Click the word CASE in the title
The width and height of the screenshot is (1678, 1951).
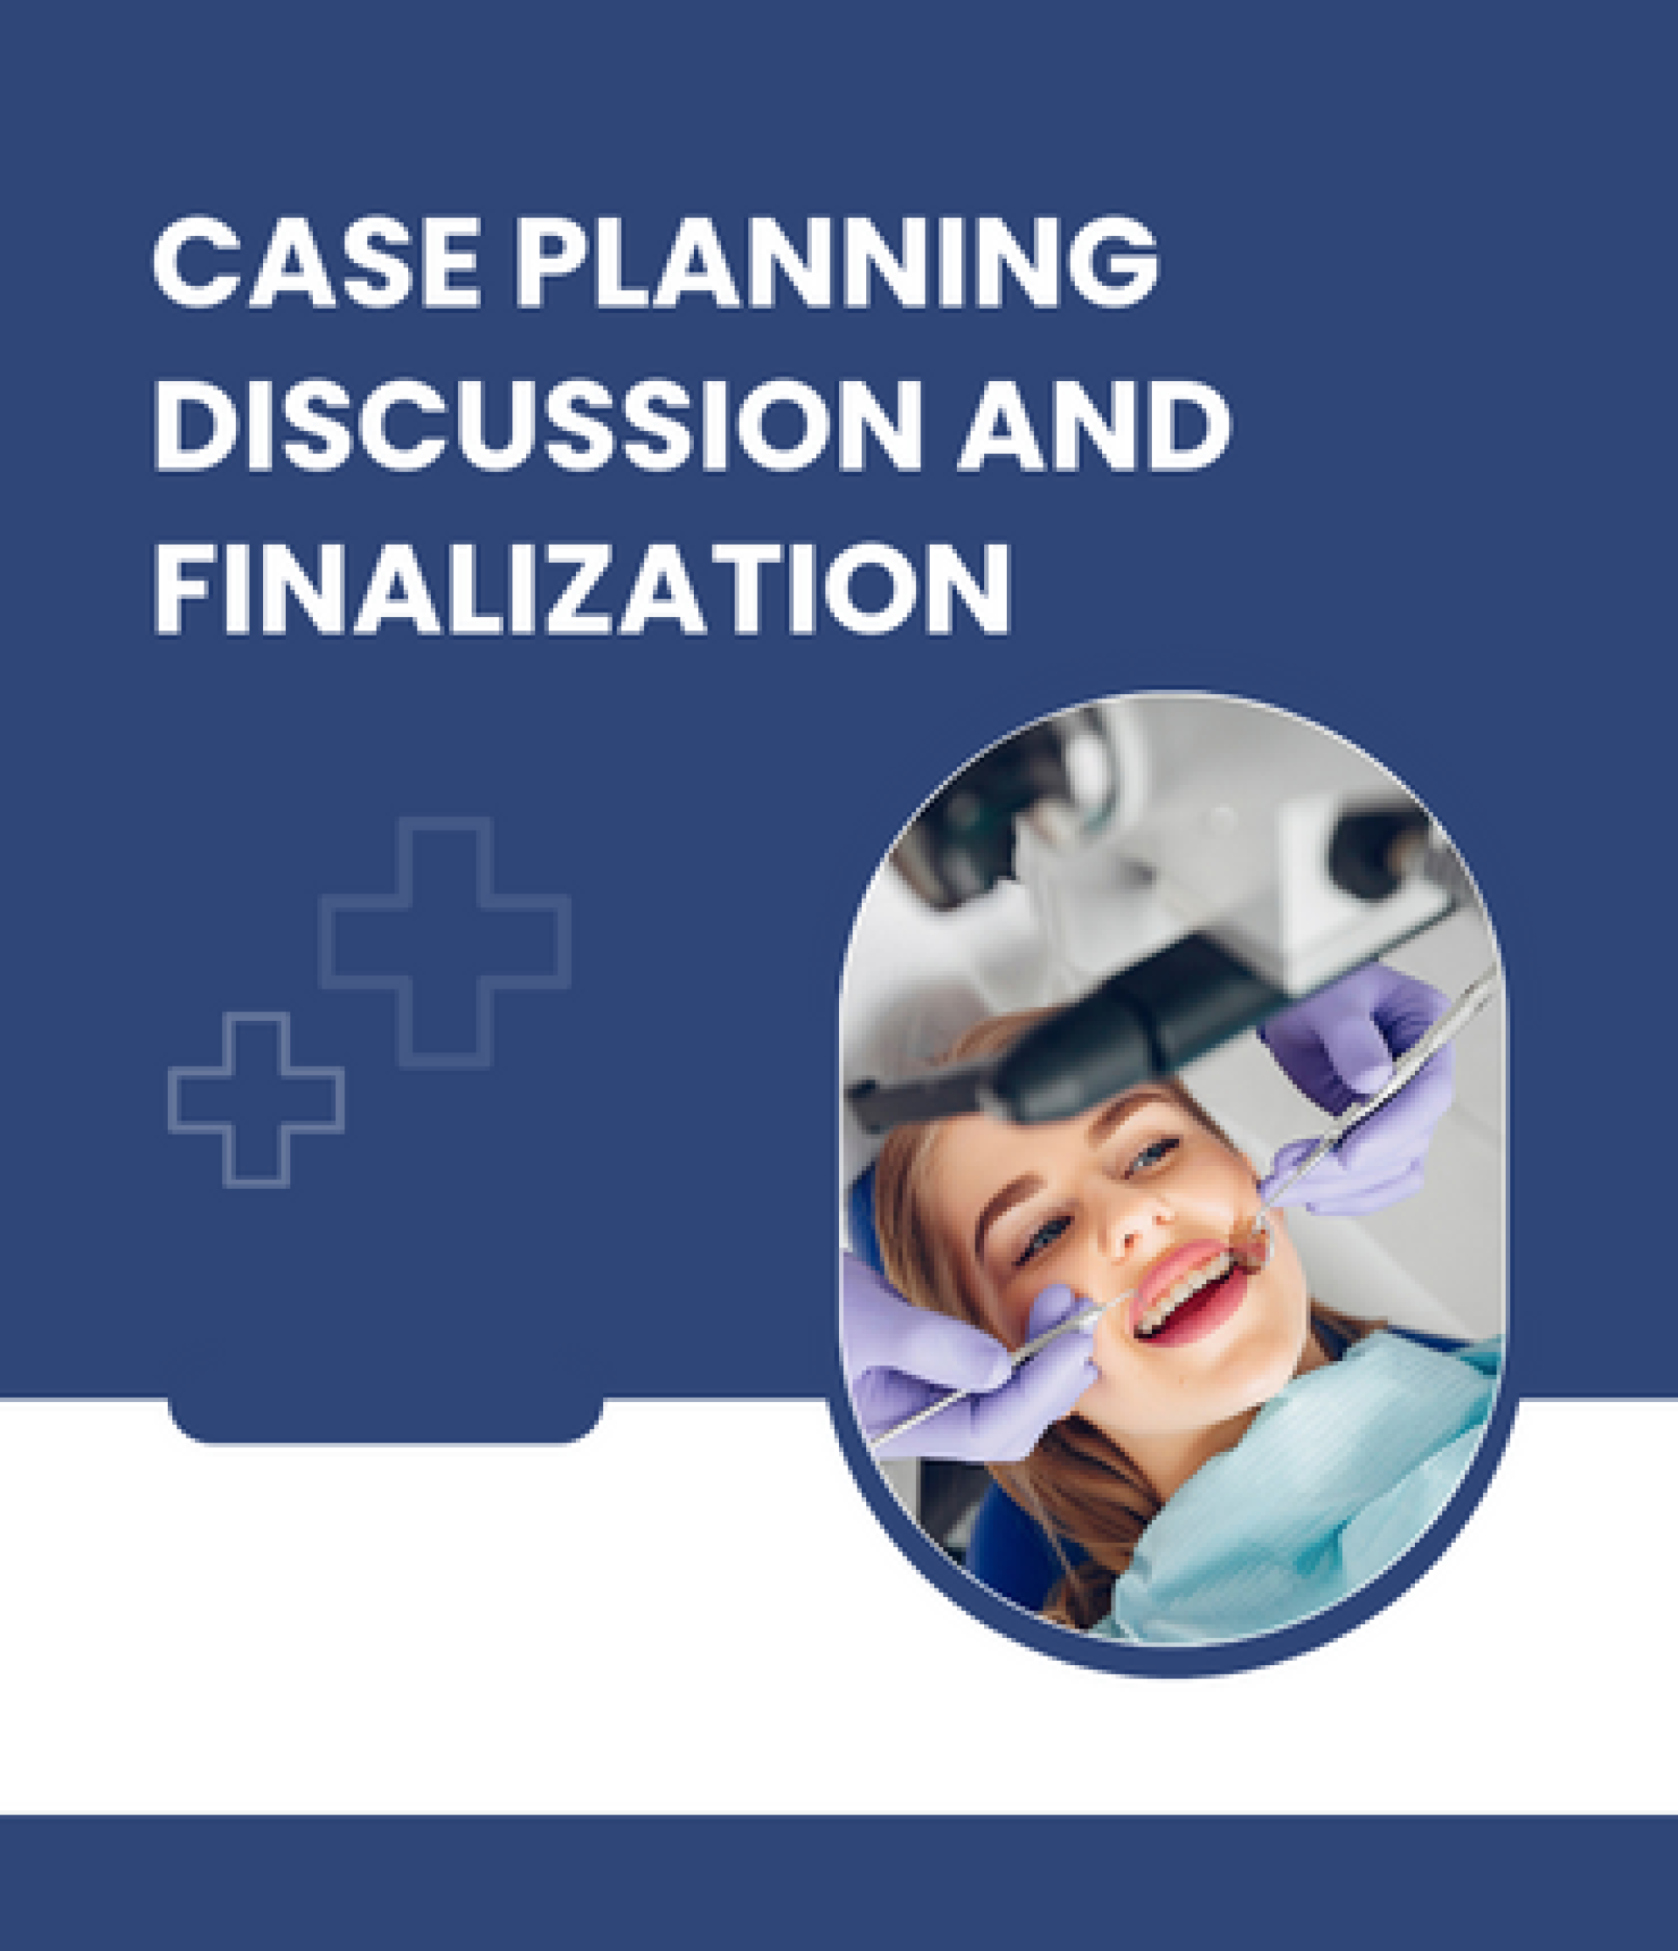(x=315, y=260)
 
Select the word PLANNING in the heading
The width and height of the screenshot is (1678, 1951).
(x=837, y=260)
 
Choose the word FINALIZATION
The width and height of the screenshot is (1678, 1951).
(x=582, y=587)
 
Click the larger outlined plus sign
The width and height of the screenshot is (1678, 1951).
(x=445, y=941)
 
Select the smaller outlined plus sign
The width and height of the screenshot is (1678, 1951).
(x=255, y=1099)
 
